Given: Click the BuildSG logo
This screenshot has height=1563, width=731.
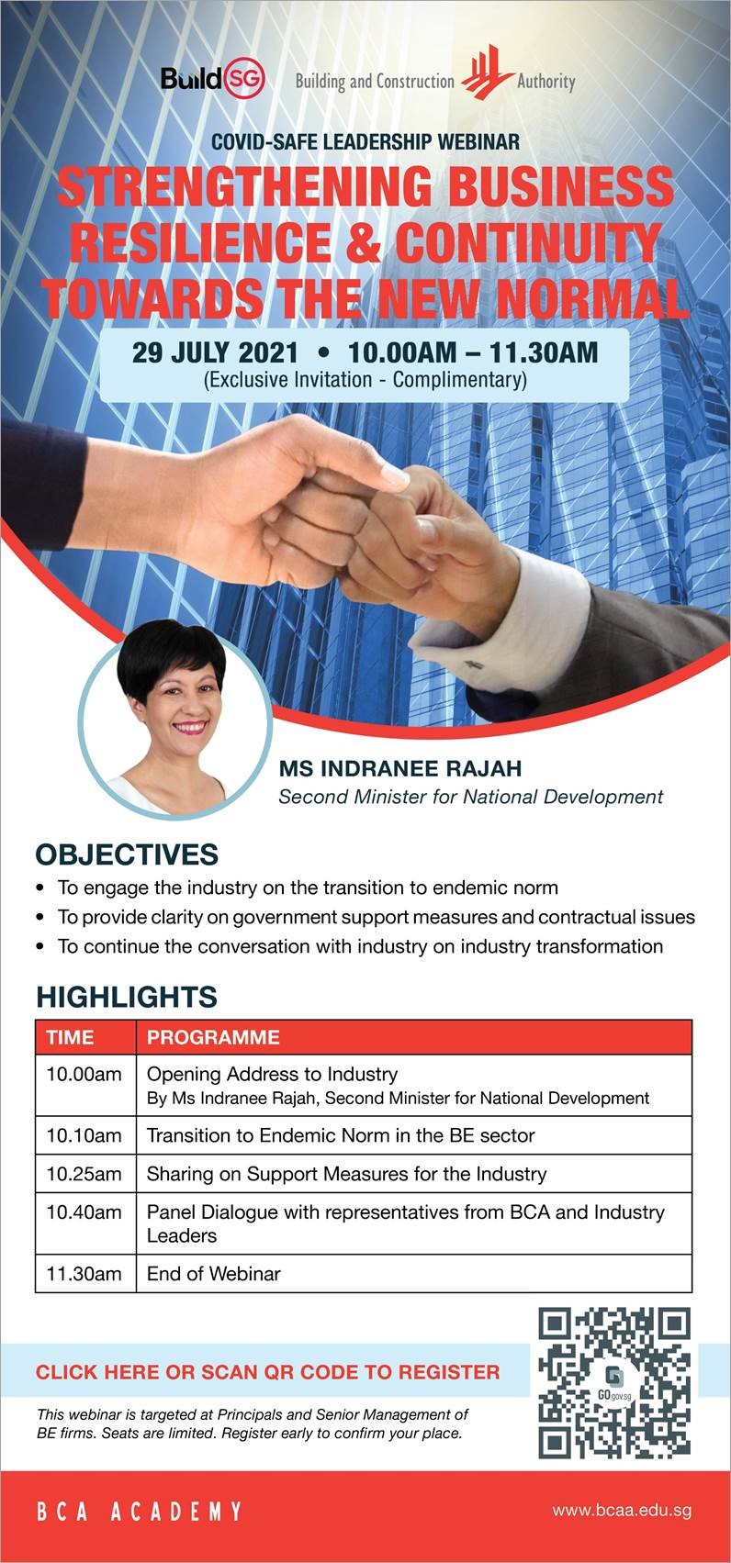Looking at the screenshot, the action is click(213, 78).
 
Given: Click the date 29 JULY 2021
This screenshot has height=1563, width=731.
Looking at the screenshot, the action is click(215, 352).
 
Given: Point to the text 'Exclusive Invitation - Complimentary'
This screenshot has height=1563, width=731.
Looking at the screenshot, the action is click(365, 380).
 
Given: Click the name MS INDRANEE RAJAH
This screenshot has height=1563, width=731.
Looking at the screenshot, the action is click(400, 768).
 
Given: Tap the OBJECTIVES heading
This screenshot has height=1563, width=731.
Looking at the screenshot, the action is click(127, 854).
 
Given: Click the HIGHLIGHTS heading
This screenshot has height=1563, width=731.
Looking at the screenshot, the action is click(127, 997).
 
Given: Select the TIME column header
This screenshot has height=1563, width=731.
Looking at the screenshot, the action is click(70, 1037).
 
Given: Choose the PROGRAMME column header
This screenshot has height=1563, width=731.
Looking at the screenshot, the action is click(213, 1037).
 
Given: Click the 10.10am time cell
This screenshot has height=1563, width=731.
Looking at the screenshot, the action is click(84, 1135).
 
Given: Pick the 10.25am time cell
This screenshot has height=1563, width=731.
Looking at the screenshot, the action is click(84, 1174).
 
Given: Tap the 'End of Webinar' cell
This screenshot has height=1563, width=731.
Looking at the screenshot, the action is click(214, 1273).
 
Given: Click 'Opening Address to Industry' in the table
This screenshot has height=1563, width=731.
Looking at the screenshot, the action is click(273, 1074).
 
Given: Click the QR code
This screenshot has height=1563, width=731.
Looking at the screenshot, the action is click(614, 1383).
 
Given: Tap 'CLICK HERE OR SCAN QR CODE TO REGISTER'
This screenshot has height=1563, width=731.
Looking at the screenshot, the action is click(267, 1372).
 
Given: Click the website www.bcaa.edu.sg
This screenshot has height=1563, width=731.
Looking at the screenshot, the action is click(622, 1511).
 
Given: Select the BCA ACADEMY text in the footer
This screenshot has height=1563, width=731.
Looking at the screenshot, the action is click(139, 1512).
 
